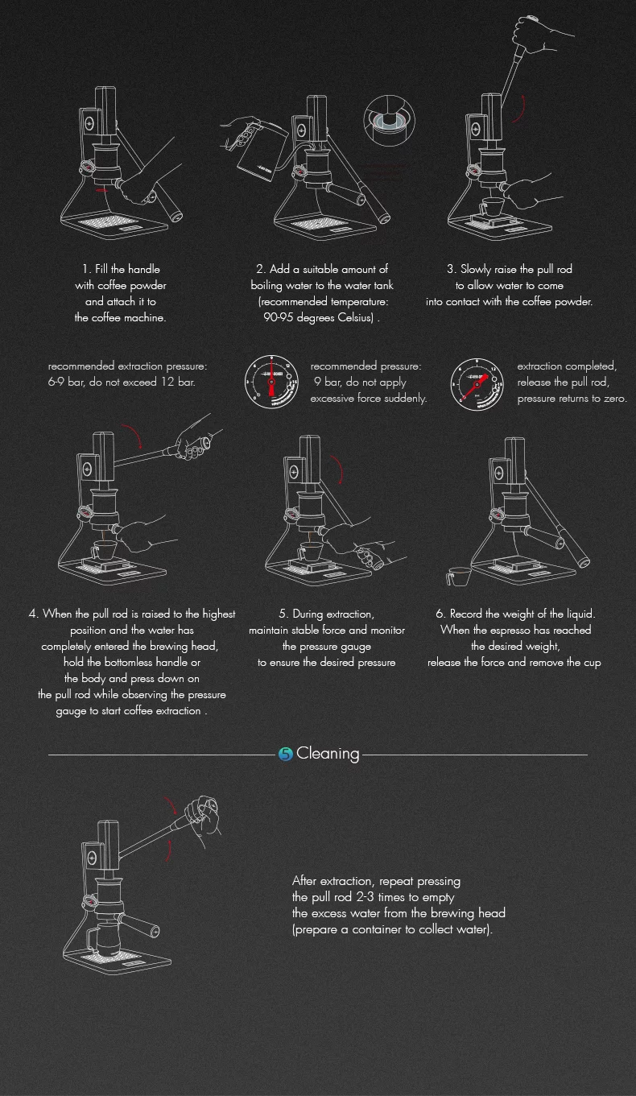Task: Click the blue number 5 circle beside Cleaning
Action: point(285,754)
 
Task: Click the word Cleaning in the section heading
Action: point(328,754)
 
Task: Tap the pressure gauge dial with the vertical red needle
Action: point(271,383)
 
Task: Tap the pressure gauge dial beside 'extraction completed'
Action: point(477,384)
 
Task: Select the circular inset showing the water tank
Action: point(390,120)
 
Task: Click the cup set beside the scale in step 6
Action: point(459,576)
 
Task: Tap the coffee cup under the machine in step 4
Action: point(104,549)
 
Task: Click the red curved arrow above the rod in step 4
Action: point(133,435)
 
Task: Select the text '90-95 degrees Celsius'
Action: point(318,317)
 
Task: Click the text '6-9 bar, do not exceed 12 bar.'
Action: point(122,383)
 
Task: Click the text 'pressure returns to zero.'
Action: point(572,399)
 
